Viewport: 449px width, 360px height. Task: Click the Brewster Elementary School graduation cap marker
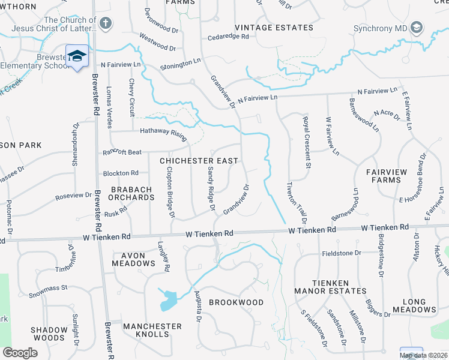click(77, 56)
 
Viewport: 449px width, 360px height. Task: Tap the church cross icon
click(106, 24)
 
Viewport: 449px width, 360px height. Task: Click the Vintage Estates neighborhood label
click(274, 28)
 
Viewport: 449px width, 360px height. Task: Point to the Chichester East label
click(199, 161)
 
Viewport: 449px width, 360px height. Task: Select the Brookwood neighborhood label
click(236, 302)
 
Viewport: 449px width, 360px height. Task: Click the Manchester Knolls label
click(152, 330)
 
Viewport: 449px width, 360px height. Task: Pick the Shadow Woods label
click(49, 334)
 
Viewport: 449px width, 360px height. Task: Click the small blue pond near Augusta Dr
click(169, 299)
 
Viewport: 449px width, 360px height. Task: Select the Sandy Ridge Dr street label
click(211, 188)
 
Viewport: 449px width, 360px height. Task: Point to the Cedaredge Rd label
click(228, 37)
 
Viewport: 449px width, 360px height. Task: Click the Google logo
click(20, 353)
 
